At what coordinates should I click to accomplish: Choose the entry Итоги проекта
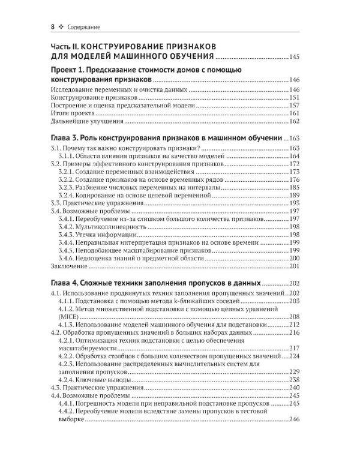tap(73, 113)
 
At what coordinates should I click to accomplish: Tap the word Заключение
tap(69, 266)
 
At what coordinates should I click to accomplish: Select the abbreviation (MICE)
tap(70, 316)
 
